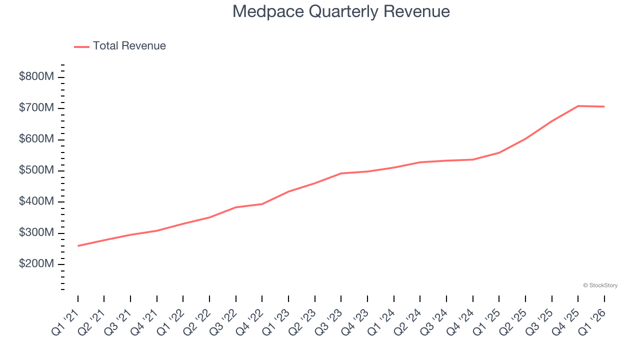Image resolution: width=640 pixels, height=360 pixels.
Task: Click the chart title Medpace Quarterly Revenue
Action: pyautogui.click(x=341, y=11)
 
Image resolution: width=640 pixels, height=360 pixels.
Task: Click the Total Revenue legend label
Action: pyautogui.click(x=129, y=46)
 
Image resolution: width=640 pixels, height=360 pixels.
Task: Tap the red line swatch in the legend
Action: pyautogui.click(x=81, y=46)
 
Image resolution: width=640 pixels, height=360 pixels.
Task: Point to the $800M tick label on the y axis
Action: pyautogui.click(x=36, y=77)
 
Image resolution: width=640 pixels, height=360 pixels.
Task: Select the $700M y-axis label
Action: pyautogui.click(x=36, y=108)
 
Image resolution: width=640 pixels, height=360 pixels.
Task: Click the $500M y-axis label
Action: pyautogui.click(x=36, y=170)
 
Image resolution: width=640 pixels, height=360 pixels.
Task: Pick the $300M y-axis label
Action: pyautogui.click(x=36, y=233)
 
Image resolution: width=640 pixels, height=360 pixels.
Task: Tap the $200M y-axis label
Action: pyautogui.click(x=36, y=264)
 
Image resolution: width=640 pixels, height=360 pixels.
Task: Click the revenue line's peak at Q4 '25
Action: pyautogui.click(x=578, y=106)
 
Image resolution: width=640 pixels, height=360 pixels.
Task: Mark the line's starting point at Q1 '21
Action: pyautogui.click(x=78, y=245)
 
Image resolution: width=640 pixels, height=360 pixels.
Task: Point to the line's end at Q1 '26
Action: pyautogui.click(x=604, y=106)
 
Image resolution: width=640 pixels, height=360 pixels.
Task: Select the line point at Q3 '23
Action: pyautogui.click(x=341, y=173)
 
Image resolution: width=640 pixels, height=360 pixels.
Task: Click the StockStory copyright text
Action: pyautogui.click(x=600, y=285)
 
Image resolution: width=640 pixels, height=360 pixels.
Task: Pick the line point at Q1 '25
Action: pyautogui.click(x=499, y=152)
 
